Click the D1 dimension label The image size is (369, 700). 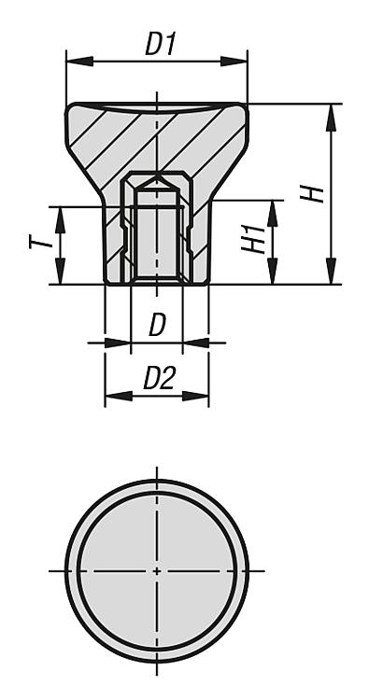click(x=161, y=43)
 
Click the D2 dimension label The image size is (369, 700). click(x=160, y=378)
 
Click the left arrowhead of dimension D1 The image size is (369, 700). click(x=79, y=62)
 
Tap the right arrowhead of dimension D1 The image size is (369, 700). click(x=234, y=62)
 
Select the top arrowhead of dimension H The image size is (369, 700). click(x=331, y=118)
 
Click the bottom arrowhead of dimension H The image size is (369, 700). click(x=331, y=271)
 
